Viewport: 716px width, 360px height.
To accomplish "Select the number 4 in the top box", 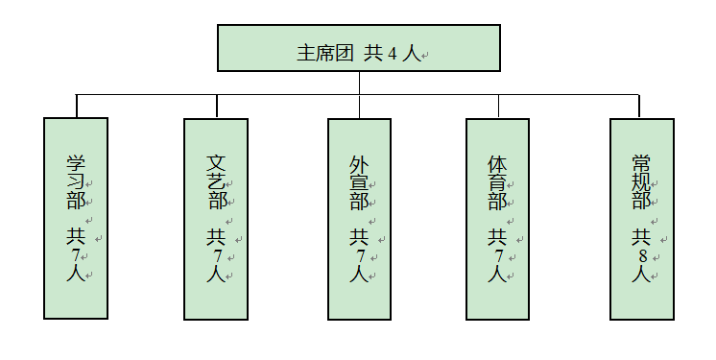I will [x=392, y=54].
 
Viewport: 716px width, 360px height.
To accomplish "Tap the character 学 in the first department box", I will [x=76, y=163].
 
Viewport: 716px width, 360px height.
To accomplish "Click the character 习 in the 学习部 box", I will [x=76, y=181].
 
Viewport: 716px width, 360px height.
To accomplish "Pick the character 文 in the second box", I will [x=218, y=163].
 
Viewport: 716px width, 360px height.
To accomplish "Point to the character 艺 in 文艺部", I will [x=218, y=181].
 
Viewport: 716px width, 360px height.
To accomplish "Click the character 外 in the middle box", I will [x=359, y=163].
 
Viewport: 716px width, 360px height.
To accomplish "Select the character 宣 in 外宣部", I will [x=359, y=181].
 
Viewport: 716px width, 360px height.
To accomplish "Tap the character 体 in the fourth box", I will [x=497, y=163].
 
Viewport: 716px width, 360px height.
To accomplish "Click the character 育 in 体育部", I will [x=497, y=181].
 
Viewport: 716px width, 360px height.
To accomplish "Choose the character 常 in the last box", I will [x=641, y=163].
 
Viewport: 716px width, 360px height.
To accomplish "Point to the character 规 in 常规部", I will [x=641, y=181].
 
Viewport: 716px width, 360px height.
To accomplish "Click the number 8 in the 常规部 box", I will [x=641, y=255].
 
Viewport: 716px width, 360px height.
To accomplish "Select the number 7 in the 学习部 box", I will [x=76, y=255].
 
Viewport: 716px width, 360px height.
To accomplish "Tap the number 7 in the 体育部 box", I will [x=497, y=255].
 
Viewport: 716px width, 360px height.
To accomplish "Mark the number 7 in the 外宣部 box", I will [x=359, y=255].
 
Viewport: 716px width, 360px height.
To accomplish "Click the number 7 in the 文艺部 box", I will [x=218, y=255].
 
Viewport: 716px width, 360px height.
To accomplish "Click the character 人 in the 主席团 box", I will [x=412, y=53].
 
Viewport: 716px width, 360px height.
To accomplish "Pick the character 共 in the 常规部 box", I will [x=641, y=236].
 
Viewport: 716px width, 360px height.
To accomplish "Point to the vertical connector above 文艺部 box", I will [x=218, y=106].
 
